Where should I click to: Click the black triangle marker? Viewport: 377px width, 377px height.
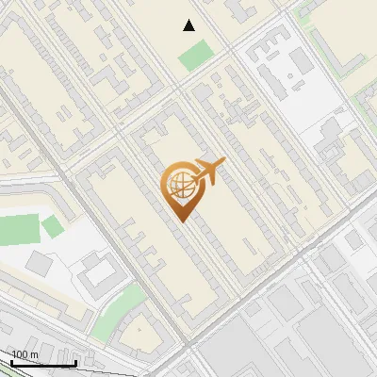(188, 25)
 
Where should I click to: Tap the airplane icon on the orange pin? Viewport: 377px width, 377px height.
(208, 172)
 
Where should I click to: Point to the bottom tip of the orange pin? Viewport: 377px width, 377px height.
(179, 221)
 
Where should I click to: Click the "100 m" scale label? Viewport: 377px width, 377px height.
(25, 354)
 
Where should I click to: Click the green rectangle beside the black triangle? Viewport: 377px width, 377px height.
(196, 56)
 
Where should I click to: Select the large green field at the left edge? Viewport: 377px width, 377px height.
(19, 229)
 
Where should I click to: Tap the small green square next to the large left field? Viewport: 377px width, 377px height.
(53, 226)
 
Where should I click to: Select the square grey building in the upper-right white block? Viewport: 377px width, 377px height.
(301, 62)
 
